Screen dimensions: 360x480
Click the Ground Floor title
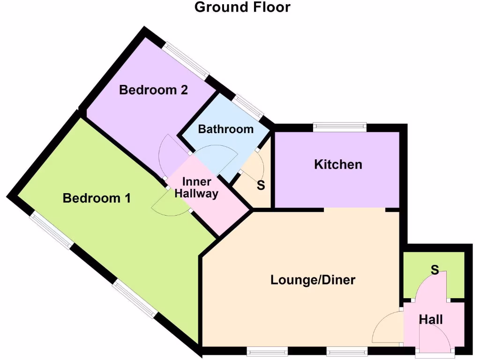pos(242,7)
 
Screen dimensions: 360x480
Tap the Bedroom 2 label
pos(153,90)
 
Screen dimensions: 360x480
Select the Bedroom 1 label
pos(97,198)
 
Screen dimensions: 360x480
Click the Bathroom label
pos(225,129)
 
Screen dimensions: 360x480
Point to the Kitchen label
pos(338,165)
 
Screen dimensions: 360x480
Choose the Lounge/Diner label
pos(313,280)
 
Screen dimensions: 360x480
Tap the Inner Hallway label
pos(196,187)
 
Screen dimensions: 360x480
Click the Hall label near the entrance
pos(431,320)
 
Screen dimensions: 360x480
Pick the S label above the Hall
pos(435,270)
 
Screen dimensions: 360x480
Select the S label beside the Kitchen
pos(261,185)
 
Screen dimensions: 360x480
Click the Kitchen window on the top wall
pos(340,125)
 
